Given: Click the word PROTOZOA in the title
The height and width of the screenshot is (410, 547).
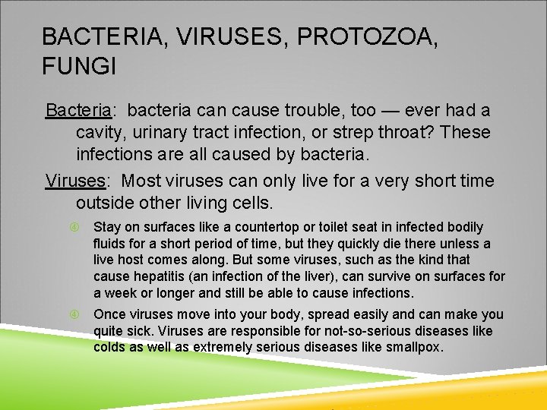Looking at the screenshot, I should (x=368, y=36).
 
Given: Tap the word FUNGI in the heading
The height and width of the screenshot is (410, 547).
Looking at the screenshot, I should (x=79, y=67).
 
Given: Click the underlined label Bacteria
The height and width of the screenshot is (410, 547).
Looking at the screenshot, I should (x=78, y=111).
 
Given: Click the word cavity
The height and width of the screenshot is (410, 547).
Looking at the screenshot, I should (x=101, y=133).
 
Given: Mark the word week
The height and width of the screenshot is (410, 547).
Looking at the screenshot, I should (x=119, y=293).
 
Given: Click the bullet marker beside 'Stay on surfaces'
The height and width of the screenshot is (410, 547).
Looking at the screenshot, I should (x=74, y=227).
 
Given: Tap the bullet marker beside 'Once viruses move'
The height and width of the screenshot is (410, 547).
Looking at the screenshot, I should (x=74, y=314).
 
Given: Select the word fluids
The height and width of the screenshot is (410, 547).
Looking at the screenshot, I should (x=110, y=244).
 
